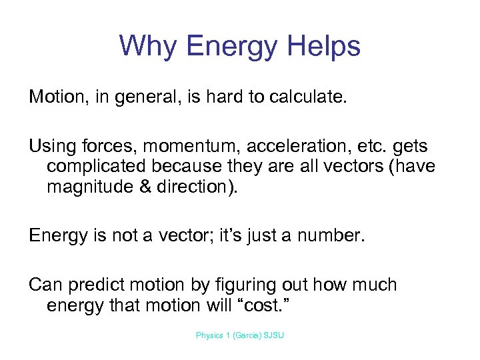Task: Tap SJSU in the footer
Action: (x=274, y=335)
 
